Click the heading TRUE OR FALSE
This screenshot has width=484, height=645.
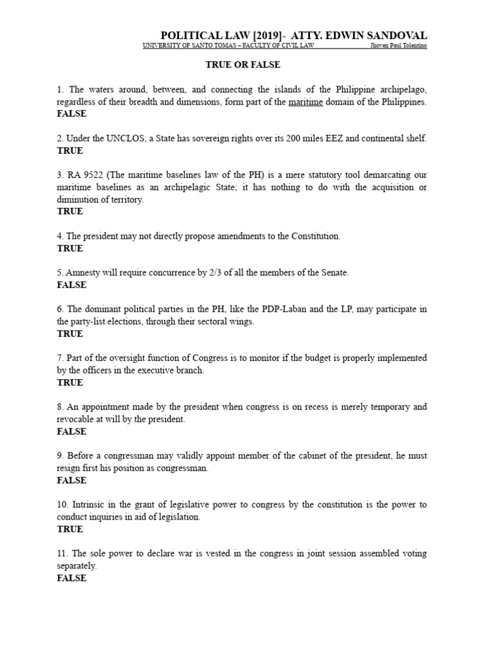243,64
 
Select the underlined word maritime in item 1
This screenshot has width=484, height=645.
306,102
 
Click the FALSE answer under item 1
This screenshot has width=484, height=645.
71,114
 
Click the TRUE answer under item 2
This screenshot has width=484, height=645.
70,151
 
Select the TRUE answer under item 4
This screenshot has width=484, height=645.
70,248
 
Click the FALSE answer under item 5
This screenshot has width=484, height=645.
71,285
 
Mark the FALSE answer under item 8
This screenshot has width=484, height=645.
71,431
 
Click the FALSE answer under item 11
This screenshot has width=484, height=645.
71,578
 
